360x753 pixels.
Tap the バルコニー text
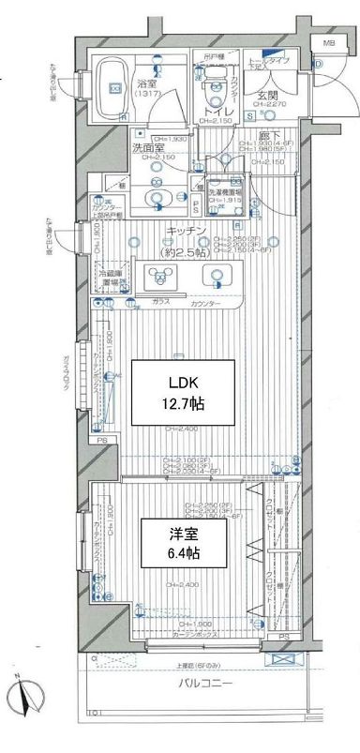point(206,710)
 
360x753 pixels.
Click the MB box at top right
point(327,44)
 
